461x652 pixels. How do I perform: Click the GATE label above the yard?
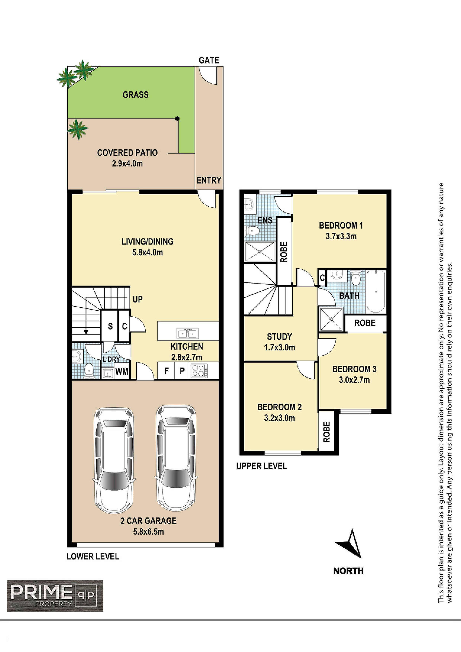click(x=209, y=60)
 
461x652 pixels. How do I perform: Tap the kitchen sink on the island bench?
click(x=188, y=333)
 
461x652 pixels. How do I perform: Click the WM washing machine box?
click(x=122, y=371)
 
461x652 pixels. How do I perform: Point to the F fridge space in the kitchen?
click(x=167, y=371)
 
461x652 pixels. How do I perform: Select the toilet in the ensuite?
click(x=251, y=231)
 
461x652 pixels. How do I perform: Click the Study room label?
click(x=279, y=337)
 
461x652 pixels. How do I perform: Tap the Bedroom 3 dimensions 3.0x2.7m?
click(x=354, y=380)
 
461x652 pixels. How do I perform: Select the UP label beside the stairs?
click(x=138, y=299)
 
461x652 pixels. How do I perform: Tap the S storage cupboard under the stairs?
click(x=110, y=326)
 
